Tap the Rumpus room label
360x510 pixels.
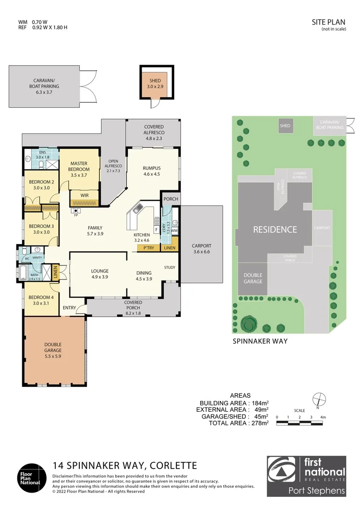pyautogui.click(x=151, y=170)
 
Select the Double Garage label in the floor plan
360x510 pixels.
pyautogui.click(x=53, y=348)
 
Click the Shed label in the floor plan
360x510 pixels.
pyautogui.click(x=155, y=84)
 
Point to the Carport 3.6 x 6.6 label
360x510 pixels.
pyautogui.click(x=201, y=249)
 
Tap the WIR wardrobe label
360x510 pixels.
pyautogui.click(x=84, y=195)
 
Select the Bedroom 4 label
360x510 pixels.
pyautogui.click(x=41, y=300)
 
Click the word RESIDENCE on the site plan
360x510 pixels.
pyautogui.click(x=275, y=230)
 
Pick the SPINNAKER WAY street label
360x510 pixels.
pyautogui.click(x=260, y=340)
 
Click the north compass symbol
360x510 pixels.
pyautogui.click(x=318, y=398)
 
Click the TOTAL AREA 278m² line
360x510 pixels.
pyautogui.click(x=238, y=423)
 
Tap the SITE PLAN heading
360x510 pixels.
pyautogui.click(x=329, y=22)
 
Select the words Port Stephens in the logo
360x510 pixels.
pyautogui.click(x=317, y=491)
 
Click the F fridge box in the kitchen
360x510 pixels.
pyautogui.click(x=156, y=230)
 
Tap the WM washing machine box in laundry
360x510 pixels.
pyautogui.click(x=174, y=230)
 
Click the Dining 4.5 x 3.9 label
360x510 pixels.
pyautogui.click(x=144, y=275)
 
